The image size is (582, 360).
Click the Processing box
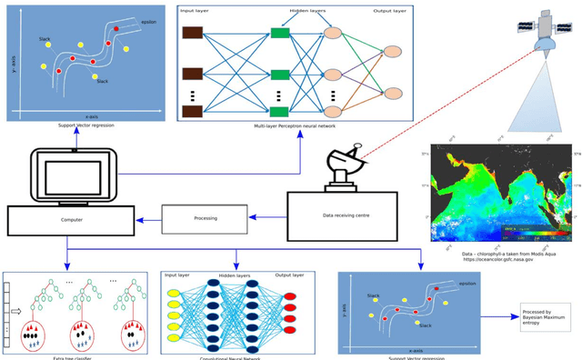point(204,218)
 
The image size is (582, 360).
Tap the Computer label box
point(71,219)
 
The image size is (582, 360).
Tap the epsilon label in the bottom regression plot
point(467,283)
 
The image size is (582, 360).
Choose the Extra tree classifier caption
point(67,356)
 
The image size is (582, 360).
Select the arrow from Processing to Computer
point(148,218)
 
